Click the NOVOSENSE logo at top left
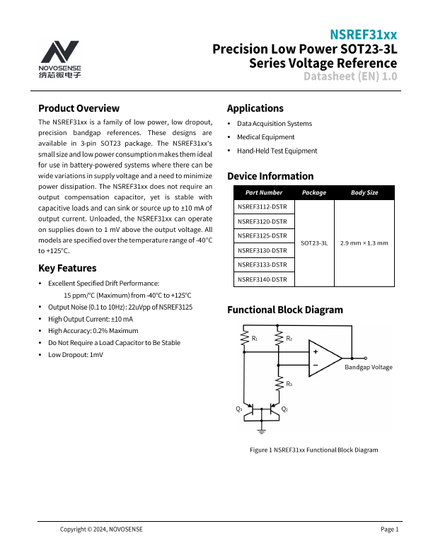point(60,59)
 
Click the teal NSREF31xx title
point(364,35)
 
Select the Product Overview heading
point(79,108)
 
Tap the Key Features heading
point(67,268)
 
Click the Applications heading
point(255,108)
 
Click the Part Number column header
point(263,192)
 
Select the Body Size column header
point(364,192)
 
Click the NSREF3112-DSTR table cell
point(262,206)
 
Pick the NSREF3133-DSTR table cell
point(262,265)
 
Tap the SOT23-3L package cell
point(314,243)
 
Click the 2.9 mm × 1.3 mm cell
point(364,243)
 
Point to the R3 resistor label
point(289,383)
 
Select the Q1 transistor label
point(239,409)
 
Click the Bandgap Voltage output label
point(368,368)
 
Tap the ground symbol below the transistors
point(262,429)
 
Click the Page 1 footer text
point(390,530)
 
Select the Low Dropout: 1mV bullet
point(75,354)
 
